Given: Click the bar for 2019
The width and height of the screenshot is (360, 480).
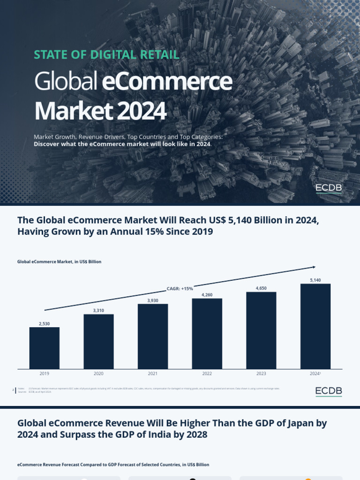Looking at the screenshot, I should (45, 347).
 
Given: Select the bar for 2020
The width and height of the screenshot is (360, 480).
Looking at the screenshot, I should (98, 341).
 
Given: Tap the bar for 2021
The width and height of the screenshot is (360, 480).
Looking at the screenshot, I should (153, 336).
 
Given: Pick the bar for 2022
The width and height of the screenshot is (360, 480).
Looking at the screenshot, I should (207, 333).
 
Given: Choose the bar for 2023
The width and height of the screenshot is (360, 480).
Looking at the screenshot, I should (261, 330).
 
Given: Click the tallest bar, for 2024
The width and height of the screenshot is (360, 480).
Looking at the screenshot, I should (315, 326).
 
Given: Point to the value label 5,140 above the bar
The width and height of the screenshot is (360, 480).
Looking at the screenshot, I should (315, 280).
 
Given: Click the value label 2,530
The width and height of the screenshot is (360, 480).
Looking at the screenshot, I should (45, 323).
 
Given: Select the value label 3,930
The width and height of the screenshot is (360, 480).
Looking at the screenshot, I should (153, 300).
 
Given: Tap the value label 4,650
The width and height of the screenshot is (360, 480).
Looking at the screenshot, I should (261, 288).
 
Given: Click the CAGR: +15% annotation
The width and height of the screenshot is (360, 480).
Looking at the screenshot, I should (180, 289).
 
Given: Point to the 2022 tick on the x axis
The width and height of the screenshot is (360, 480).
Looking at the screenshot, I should (207, 374).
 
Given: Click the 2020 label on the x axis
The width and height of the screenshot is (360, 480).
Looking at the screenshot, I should (98, 374).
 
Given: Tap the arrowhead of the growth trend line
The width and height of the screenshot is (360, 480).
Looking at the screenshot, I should (314, 267).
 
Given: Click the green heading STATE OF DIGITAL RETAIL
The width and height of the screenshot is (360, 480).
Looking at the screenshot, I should (106, 54).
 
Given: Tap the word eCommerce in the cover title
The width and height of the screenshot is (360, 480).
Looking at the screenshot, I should (166, 82).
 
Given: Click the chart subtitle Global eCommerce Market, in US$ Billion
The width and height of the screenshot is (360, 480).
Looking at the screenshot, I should (59, 262).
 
